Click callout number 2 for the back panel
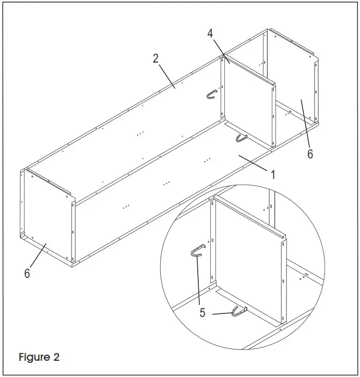click(x=155, y=58)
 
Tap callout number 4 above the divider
click(x=210, y=33)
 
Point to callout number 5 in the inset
click(x=202, y=313)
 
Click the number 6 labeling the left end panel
click(x=27, y=273)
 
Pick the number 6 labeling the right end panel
click(x=310, y=154)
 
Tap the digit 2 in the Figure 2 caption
click(x=56, y=358)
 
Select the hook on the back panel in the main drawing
click(x=211, y=94)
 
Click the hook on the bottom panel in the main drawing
click(x=241, y=137)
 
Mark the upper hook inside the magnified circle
click(x=196, y=251)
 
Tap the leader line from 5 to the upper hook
click(x=199, y=282)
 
